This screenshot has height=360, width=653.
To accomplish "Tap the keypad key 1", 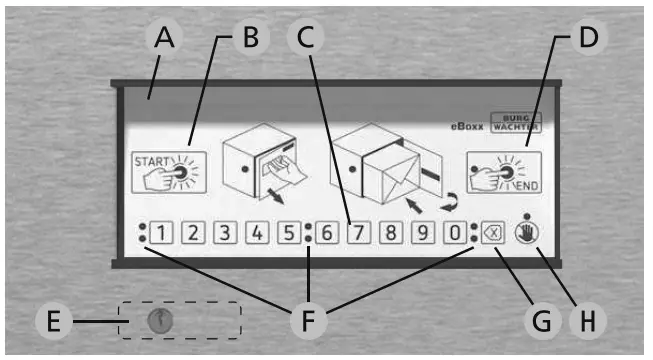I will (163, 236).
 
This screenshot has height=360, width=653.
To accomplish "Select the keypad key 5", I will (288, 236).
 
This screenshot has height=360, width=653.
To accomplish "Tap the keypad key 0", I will (454, 236).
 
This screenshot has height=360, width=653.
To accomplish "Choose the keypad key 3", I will (226, 236).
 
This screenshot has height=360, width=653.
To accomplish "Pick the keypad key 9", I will (423, 236).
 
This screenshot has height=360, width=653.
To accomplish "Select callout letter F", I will (308, 322).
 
